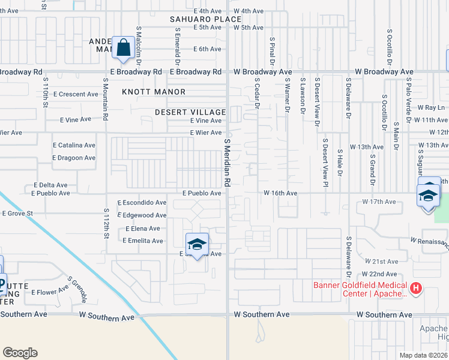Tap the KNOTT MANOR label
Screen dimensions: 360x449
154,92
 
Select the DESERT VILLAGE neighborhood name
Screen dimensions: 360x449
190,112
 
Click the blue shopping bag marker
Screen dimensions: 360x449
123,47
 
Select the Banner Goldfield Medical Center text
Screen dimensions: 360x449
360,289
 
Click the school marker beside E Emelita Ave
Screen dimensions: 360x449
197,245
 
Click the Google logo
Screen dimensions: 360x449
20,352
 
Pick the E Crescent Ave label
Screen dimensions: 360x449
76,94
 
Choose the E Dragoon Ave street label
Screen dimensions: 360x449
74,158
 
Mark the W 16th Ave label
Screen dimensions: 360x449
280,193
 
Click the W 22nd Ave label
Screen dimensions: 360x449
381,274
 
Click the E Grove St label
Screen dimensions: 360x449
17,213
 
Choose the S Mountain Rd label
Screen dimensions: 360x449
105,101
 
